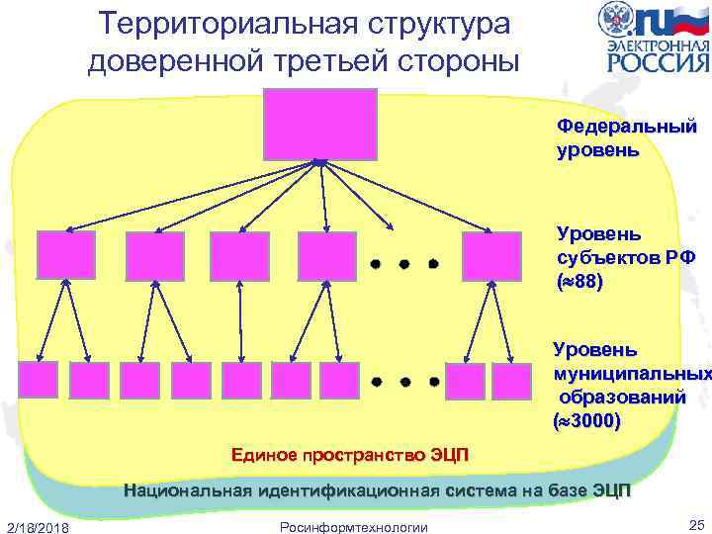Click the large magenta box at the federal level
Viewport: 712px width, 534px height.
point(320,123)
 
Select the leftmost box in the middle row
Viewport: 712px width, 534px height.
point(65,255)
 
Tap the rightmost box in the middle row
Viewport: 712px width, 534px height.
point(491,255)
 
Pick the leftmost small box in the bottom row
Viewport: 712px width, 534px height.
point(39,380)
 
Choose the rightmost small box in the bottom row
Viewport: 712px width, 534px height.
point(511,381)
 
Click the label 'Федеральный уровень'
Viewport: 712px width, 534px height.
point(597,139)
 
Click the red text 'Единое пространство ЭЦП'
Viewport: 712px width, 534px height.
point(351,455)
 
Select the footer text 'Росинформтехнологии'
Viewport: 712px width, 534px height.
point(355,526)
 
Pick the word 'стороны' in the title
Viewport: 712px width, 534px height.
point(461,60)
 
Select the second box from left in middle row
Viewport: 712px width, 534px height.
point(154,255)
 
